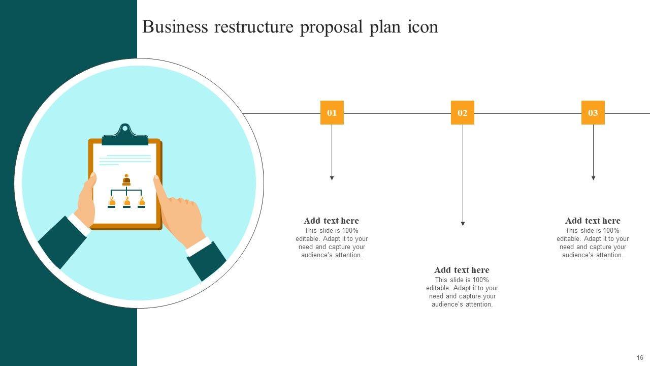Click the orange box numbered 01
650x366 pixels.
click(332, 113)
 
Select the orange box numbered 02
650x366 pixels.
click(462, 113)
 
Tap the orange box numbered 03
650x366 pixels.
click(593, 113)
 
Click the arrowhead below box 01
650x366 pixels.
click(332, 178)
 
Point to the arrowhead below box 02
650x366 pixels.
click(463, 223)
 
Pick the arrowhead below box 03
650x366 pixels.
click(593, 178)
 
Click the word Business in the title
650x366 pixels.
click(175, 27)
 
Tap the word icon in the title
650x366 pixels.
click(422, 27)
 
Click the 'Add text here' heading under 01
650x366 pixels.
click(331, 221)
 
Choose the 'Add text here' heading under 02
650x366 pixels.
click(462, 270)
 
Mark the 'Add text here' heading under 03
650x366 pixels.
click(593, 221)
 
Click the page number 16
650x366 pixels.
click(640, 358)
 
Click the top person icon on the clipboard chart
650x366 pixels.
click(126, 180)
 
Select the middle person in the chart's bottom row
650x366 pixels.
click(126, 202)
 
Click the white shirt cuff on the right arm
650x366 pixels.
click(198, 247)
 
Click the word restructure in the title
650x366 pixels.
click(253, 27)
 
